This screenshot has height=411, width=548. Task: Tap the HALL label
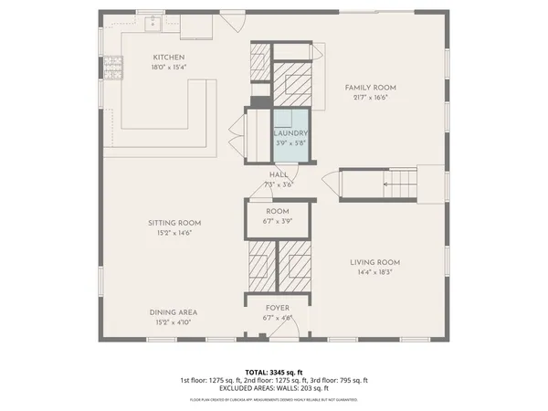(279, 174)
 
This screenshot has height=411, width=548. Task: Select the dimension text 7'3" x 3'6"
(279, 184)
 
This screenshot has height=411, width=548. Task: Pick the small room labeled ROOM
(279, 216)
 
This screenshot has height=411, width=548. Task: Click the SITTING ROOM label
(174, 223)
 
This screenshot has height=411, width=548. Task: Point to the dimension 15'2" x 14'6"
(174, 233)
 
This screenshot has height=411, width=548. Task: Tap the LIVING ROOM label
(375, 262)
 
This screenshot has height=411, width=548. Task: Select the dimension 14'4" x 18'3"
(375, 272)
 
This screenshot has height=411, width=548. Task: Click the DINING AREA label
(174, 312)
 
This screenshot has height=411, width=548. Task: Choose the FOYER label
(278, 309)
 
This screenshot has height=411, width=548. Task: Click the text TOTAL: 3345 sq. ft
(273, 372)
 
